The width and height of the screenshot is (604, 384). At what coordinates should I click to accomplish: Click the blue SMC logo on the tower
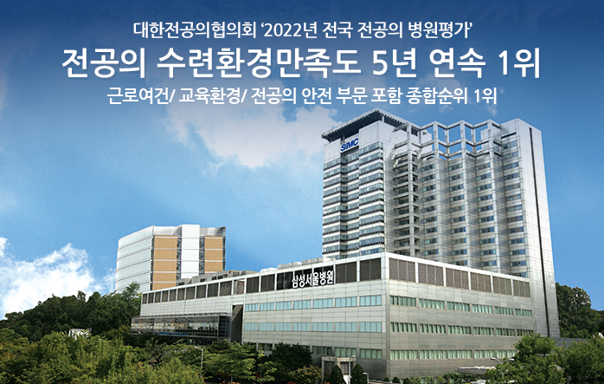[350, 145]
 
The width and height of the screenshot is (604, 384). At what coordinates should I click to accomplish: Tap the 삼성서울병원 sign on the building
[312, 278]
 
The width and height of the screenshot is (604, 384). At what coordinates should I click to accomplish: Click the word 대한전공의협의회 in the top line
[195, 30]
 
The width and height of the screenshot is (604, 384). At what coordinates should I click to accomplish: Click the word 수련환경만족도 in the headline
[259, 64]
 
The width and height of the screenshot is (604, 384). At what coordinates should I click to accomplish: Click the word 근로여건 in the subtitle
[137, 96]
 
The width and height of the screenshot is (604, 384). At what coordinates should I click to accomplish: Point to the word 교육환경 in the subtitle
[208, 96]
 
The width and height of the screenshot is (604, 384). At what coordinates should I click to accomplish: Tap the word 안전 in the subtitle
[316, 96]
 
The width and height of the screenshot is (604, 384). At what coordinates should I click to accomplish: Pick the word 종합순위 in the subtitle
[438, 96]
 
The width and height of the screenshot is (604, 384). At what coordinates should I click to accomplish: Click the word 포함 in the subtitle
[387, 96]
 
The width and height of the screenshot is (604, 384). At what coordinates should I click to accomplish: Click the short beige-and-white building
[170, 257]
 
